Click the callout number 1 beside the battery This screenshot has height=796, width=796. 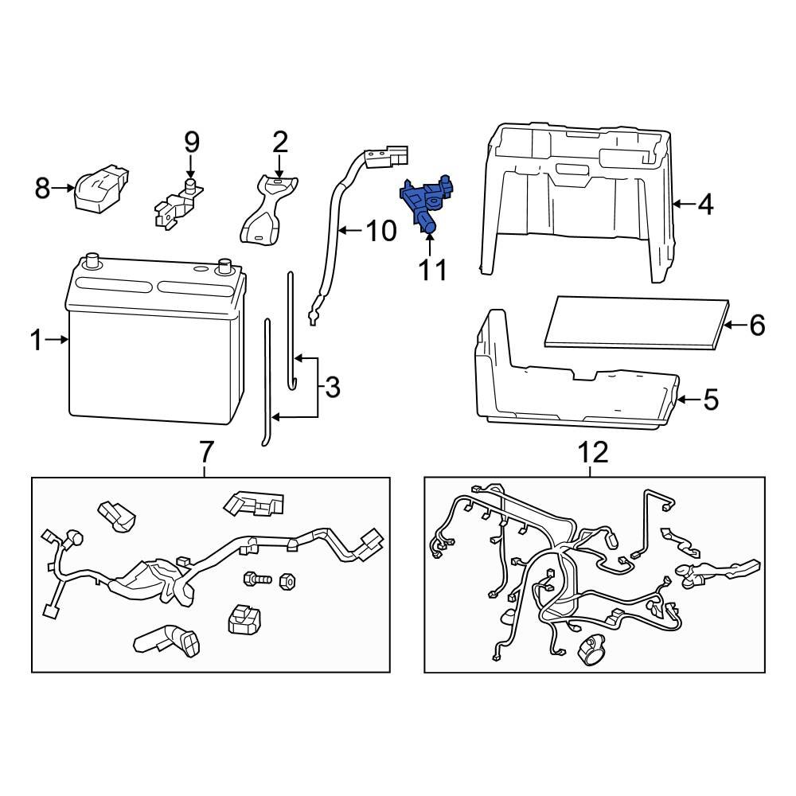click(36, 341)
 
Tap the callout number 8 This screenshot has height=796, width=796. click(43, 189)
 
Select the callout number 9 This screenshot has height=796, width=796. click(191, 142)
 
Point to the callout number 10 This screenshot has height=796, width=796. click(380, 232)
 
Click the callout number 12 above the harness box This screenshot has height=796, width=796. click(593, 452)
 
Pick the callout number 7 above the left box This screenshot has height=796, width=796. click(205, 451)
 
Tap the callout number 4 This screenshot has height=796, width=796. click(704, 205)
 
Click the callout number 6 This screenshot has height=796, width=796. click(756, 325)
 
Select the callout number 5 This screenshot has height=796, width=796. click(710, 399)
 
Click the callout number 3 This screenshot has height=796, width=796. click(332, 388)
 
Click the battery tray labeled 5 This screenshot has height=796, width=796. click(573, 390)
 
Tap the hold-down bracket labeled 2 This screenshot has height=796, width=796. click(267, 211)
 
